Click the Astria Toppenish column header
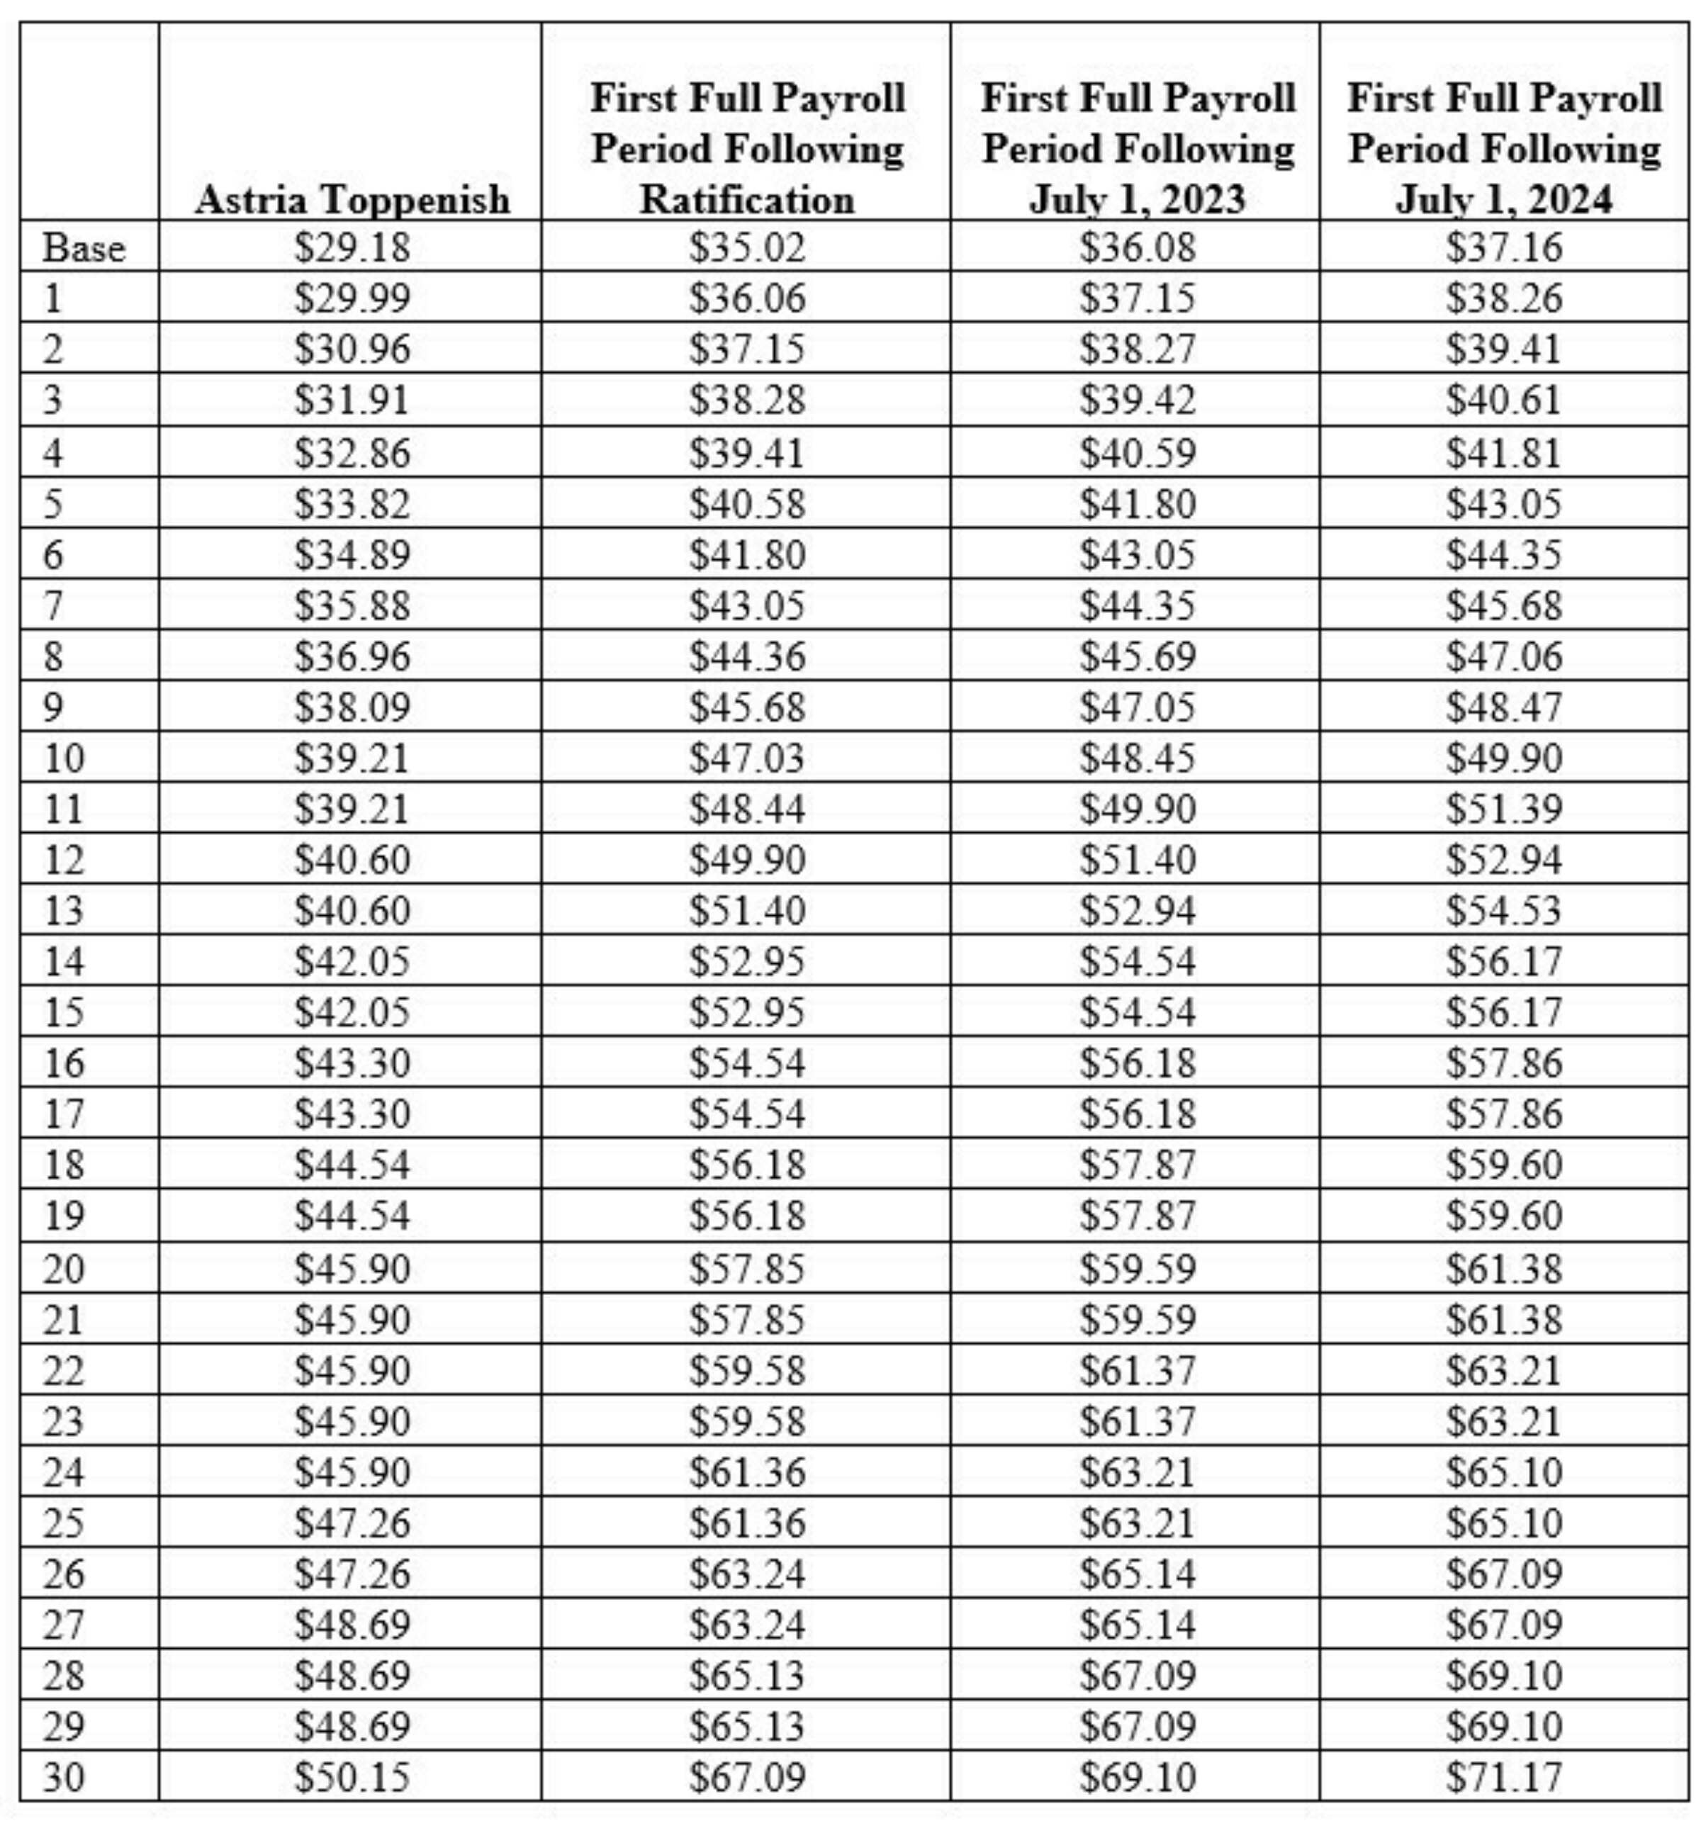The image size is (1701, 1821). [x=352, y=198]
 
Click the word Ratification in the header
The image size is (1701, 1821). [x=746, y=198]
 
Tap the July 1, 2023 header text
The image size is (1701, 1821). [x=1137, y=198]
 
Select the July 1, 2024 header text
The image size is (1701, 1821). [x=1504, y=198]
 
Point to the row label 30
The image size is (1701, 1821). [x=64, y=1778]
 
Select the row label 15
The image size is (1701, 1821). [x=64, y=1012]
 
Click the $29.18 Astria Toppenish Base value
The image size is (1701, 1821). [x=352, y=247]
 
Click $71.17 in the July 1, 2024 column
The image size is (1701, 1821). [x=1504, y=1778]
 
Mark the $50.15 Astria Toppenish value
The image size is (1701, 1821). [x=352, y=1778]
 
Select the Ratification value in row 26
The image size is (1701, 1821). [x=746, y=1574]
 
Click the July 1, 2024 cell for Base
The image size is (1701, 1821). [x=1504, y=247]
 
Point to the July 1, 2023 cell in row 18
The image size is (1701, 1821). [x=1137, y=1164]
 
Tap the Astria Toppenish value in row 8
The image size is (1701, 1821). [x=352, y=656]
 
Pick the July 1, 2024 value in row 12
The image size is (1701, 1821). [x=1504, y=859]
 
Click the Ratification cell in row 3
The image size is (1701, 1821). [x=746, y=399]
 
